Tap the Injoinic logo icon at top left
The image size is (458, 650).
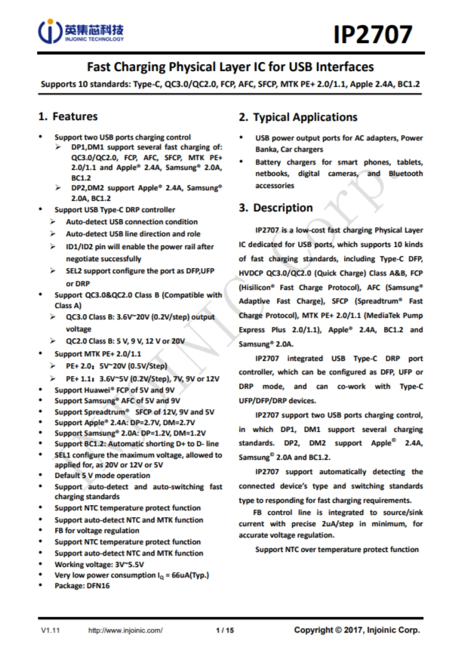click(48, 32)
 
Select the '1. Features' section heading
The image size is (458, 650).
click(68, 117)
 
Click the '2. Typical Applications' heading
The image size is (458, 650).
click(298, 118)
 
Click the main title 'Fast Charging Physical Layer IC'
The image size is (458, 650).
click(231, 66)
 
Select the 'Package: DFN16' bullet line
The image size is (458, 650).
click(82, 586)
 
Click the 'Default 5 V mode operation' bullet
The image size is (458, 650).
click(103, 476)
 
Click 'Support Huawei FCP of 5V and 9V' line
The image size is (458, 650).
click(113, 390)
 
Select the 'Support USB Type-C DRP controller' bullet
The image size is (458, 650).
click(115, 209)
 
